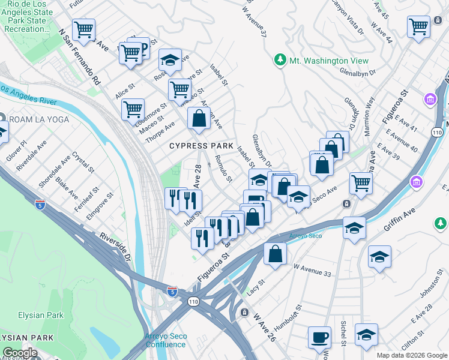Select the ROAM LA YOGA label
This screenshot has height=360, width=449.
[x=39, y=119]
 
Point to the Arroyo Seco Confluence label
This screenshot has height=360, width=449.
[x=166, y=340]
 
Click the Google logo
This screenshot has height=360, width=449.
[x=19, y=353]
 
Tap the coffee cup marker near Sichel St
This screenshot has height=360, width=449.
[x=319, y=337]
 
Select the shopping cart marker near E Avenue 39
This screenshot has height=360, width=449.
[x=360, y=182]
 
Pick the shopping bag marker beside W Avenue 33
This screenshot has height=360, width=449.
[x=274, y=253]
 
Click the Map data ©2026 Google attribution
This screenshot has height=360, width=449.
[x=411, y=355]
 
